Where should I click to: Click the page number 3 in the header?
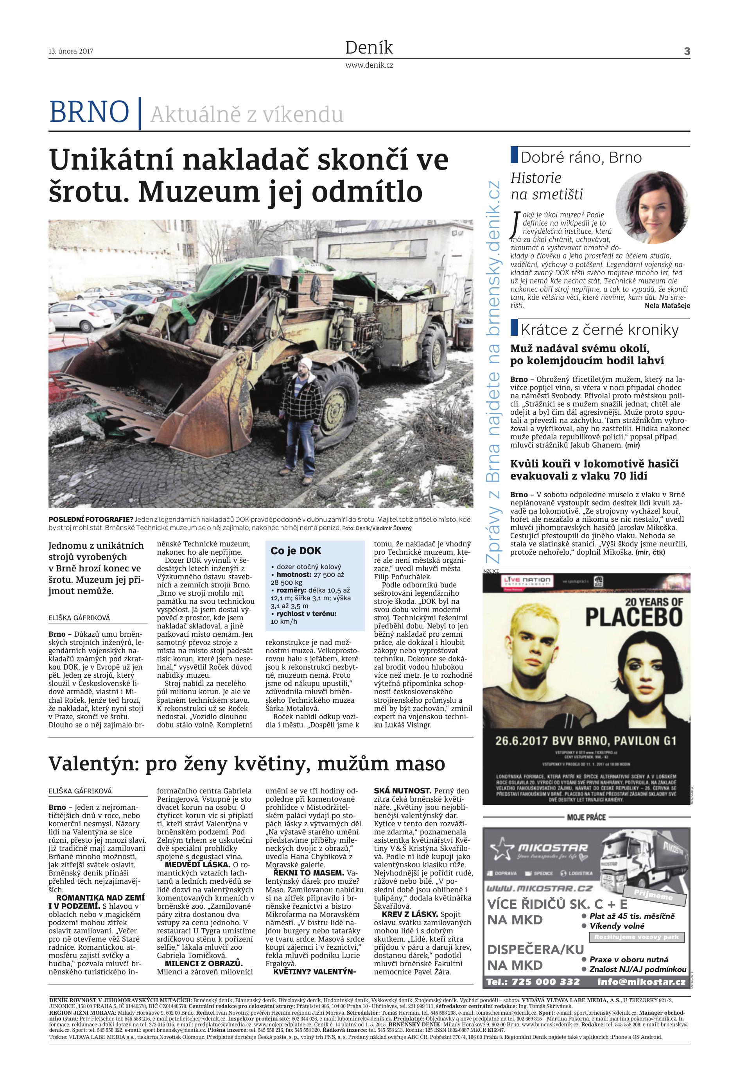tap(687, 51)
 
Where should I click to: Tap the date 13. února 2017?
tap(70, 51)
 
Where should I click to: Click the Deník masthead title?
tap(369, 48)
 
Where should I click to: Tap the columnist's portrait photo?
tap(653, 207)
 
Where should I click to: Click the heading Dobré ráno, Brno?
tap(581, 158)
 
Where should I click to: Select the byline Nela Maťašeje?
tap(667, 306)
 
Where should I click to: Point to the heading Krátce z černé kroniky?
tap(599, 330)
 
